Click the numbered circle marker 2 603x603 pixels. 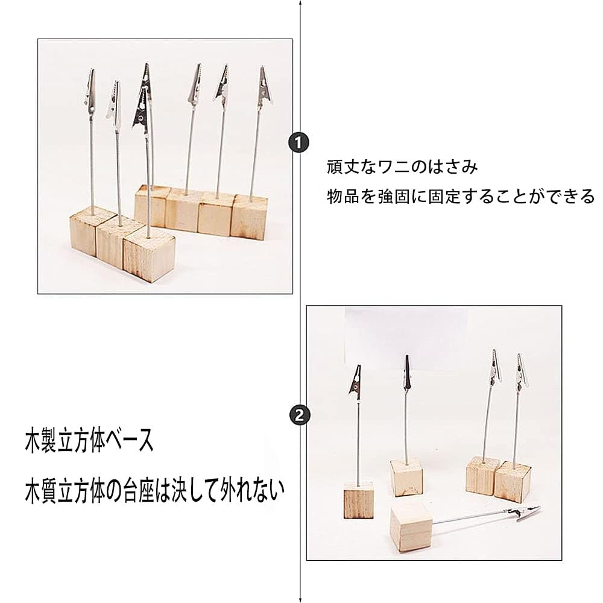300,414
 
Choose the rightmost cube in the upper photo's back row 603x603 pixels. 250,215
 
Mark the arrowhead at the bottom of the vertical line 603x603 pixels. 300,597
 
